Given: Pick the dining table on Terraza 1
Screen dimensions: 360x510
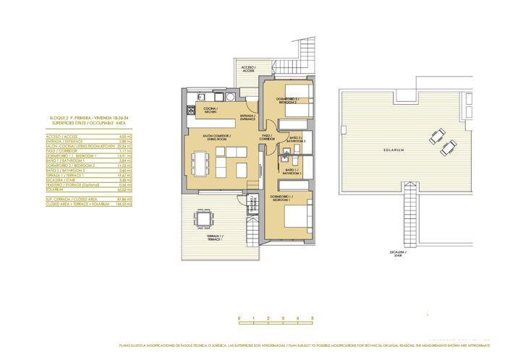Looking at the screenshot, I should [x=205, y=218].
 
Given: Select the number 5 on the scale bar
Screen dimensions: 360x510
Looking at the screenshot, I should [x=313, y=318].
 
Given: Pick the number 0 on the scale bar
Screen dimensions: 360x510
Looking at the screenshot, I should [x=239, y=318].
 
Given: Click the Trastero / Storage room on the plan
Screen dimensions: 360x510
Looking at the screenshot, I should [x=252, y=205].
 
